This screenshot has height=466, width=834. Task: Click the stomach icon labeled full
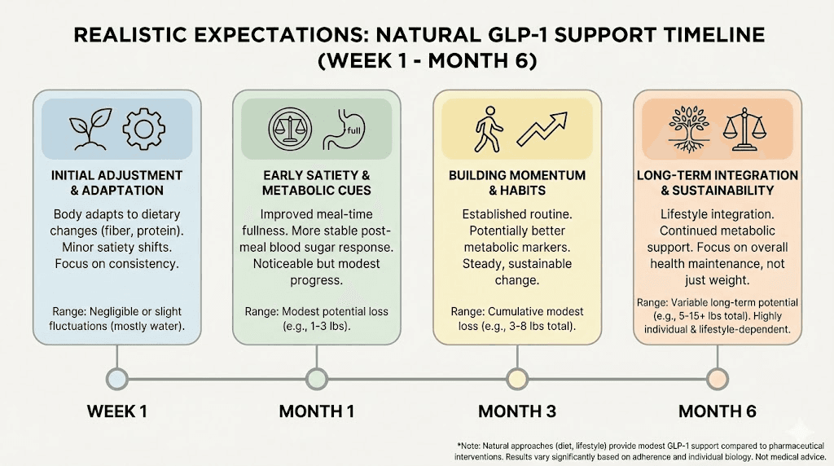341,130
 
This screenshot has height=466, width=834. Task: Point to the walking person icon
488,130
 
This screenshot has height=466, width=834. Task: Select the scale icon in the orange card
748,129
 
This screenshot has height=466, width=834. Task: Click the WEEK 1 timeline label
116,411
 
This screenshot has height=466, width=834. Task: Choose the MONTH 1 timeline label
316,411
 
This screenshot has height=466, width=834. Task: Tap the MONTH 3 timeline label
516,411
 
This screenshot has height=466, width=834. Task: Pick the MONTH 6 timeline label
717,411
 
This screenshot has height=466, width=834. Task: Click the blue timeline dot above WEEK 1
117,378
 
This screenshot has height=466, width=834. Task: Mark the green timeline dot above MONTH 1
317,378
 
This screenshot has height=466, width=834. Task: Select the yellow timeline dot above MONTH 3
516,378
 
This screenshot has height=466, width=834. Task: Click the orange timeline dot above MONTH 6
717,378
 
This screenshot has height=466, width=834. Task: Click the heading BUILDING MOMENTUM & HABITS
517,182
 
